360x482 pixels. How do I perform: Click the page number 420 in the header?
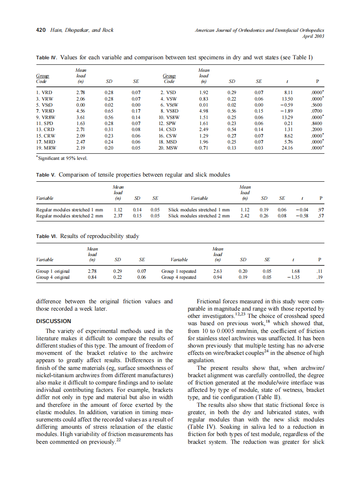[x=40, y=30]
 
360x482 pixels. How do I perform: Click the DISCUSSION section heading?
[x=53, y=321]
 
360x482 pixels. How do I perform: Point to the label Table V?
[x=46, y=175]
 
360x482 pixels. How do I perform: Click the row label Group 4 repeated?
[x=179, y=277]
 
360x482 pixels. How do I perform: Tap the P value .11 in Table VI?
[x=319, y=271]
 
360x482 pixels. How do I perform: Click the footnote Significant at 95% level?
[x=63, y=159]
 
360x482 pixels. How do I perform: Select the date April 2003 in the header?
[x=313, y=36]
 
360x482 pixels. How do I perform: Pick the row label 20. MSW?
[x=170, y=147]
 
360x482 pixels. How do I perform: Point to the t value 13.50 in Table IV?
[x=287, y=98]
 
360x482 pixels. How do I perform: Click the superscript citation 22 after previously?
[x=119, y=440]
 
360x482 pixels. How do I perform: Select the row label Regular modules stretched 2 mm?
[x=69, y=216]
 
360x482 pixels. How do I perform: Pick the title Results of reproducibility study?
[x=100, y=236]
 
